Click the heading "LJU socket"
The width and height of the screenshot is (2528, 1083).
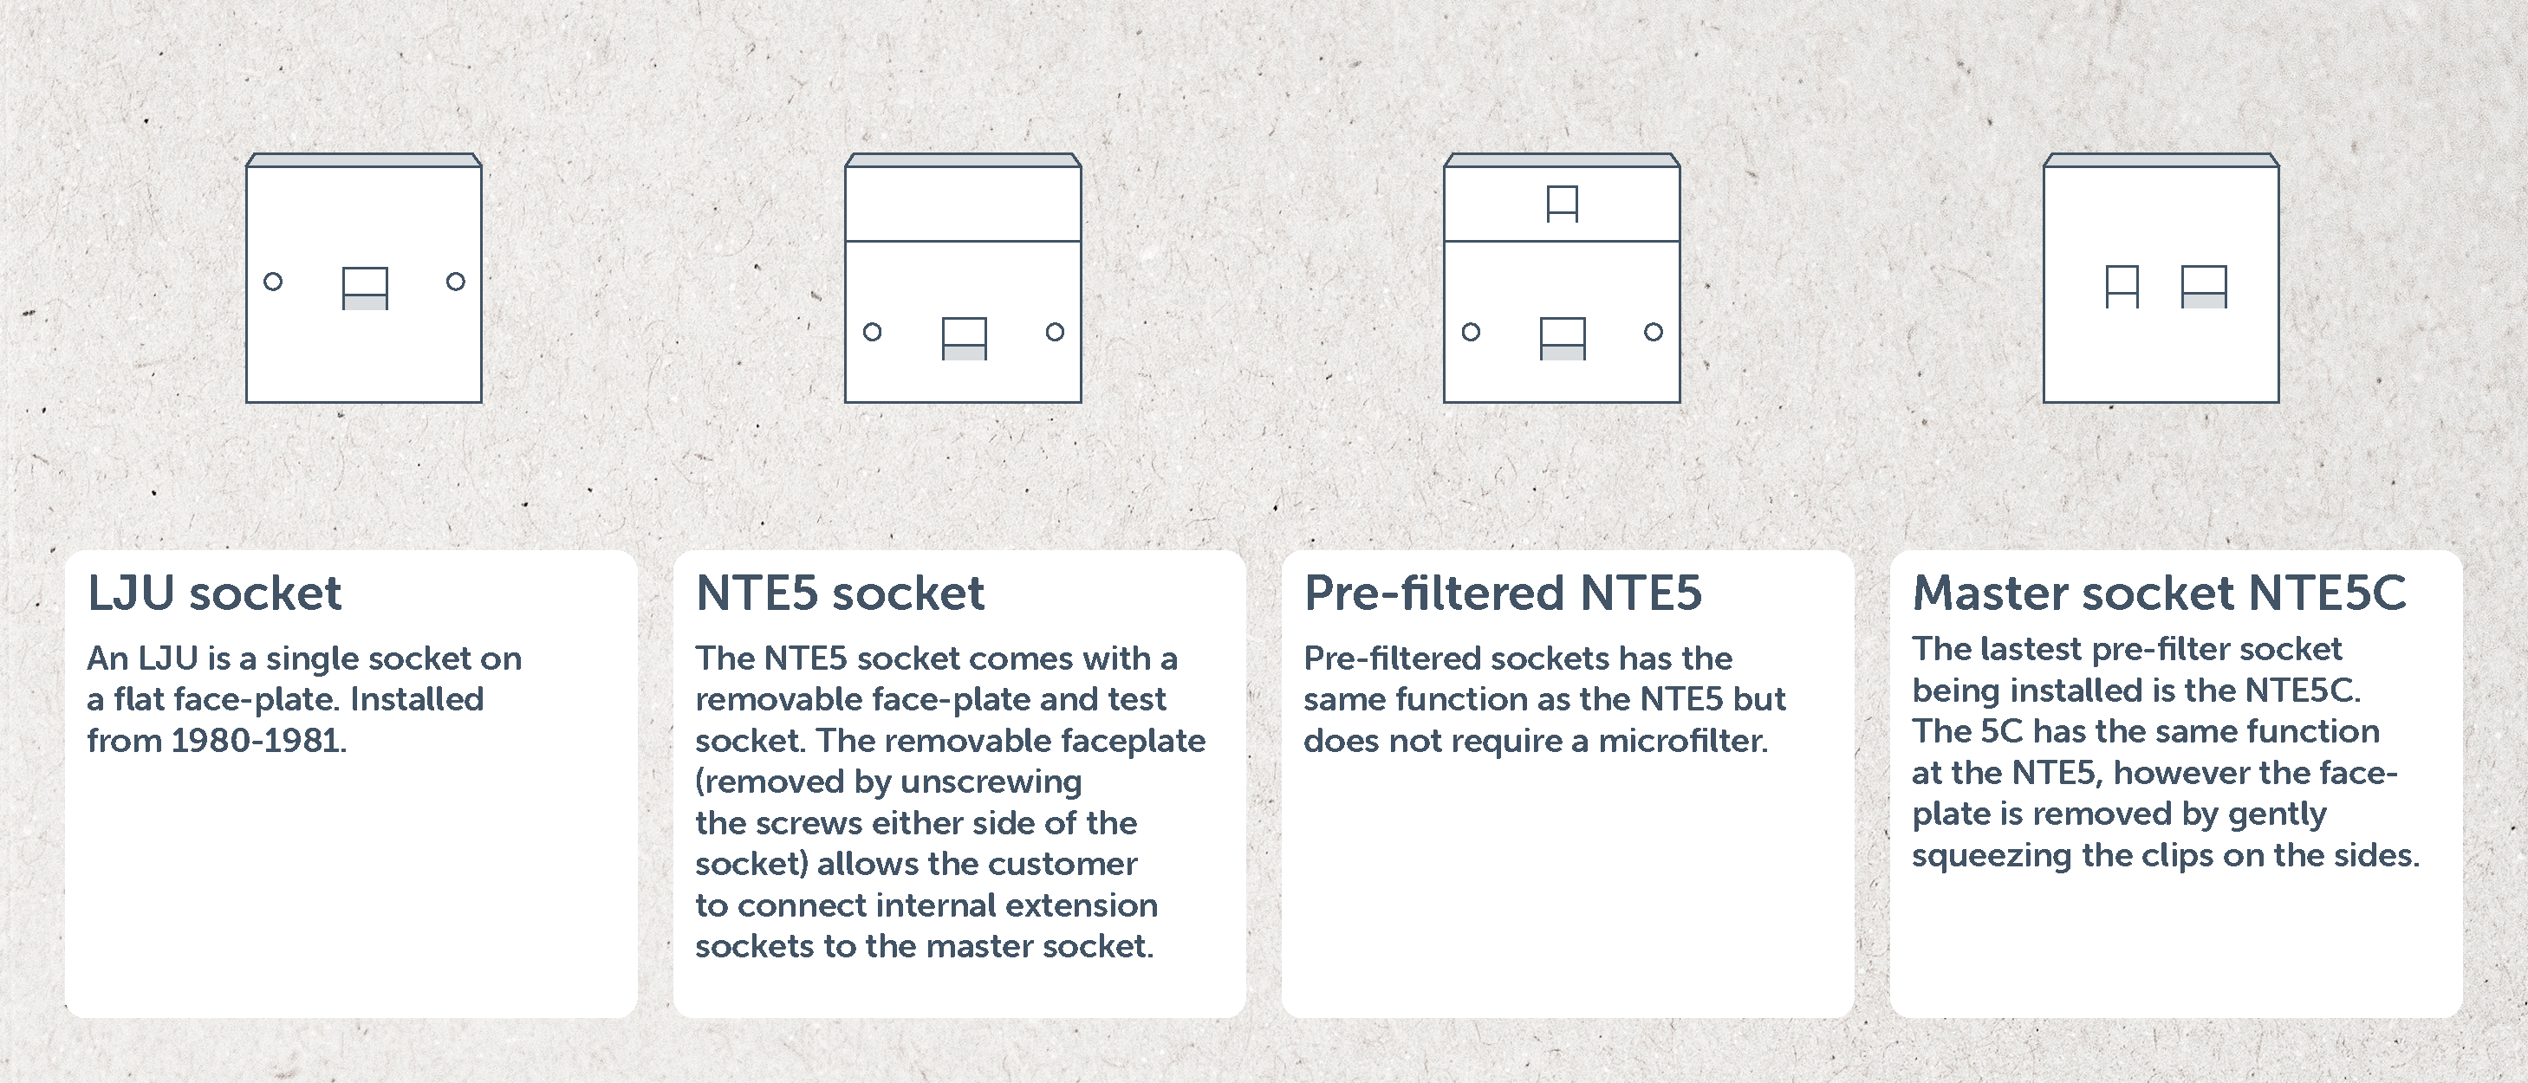coord(214,593)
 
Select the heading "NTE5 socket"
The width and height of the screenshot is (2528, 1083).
coord(840,593)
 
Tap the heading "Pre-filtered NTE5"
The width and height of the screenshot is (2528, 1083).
coord(1503,593)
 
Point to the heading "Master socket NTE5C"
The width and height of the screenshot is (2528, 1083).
coord(2159,593)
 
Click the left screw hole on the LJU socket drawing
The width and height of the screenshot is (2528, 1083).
coord(273,282)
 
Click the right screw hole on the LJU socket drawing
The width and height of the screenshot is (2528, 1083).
coord(455,282)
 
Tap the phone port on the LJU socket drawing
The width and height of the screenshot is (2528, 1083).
coord(365,289)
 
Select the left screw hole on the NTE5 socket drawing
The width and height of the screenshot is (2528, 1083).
coord(873,332)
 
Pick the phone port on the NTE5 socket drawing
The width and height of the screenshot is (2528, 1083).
coord(965,339)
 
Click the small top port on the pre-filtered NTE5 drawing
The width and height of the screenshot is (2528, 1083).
coord(1563,204)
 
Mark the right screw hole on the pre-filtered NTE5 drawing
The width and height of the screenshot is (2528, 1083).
coord(1654,332)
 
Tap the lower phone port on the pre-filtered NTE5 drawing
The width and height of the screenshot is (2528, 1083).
coord(1563,339)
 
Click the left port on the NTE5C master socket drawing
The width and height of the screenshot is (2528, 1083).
coord(2122,287)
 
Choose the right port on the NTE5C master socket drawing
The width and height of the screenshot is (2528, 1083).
coord(2204,287)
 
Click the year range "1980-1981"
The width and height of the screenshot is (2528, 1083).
coord(259,741)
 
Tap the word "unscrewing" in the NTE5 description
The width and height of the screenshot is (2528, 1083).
coord(991,781)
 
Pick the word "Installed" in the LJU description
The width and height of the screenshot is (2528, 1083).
coord(417,699)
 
